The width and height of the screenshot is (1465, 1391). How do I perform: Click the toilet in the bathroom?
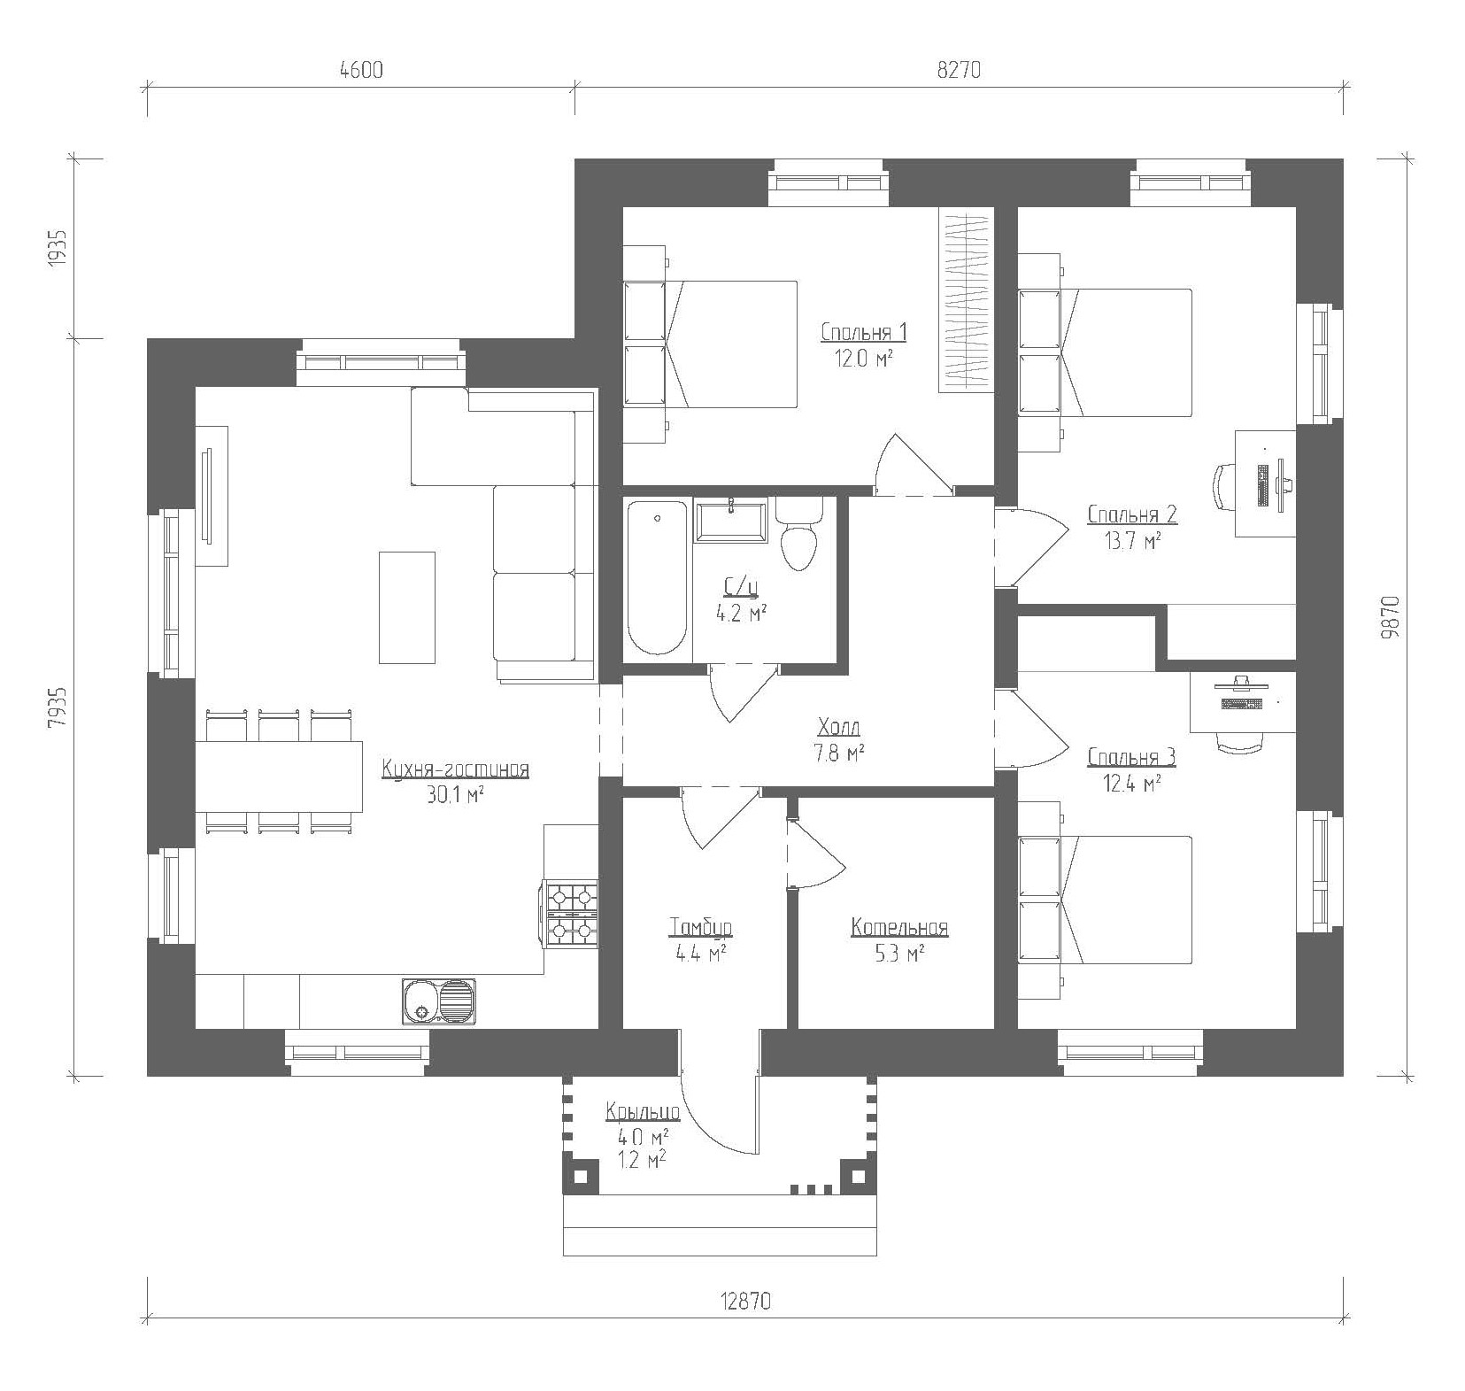[799, 534]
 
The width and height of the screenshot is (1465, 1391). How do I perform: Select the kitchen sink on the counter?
[438, 1001]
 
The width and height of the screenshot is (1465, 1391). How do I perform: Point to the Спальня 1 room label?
[863, 333]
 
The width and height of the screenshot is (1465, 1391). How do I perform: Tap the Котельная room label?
[899, 928]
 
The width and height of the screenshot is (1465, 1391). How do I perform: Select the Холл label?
[839, 728]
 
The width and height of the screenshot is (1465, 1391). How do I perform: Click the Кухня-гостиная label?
[455, 769]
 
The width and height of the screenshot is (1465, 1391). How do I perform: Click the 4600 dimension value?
[360, 71]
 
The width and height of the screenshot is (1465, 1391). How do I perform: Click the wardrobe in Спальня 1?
[966, 301]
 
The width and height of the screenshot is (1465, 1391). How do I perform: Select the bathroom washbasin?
[730, 521]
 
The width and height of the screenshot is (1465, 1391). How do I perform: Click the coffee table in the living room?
[407, 607]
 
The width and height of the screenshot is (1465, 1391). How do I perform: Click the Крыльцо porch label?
[643, 1111]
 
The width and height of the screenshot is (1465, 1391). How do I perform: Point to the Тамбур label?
[700, 928]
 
